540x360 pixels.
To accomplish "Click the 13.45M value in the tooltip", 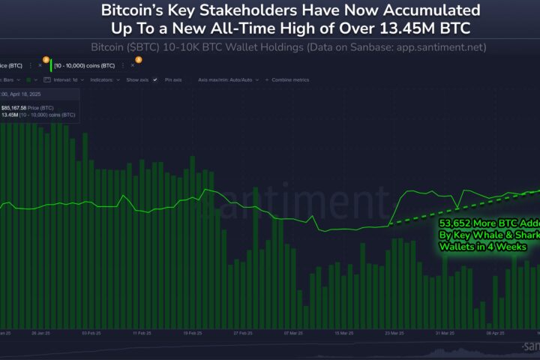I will point(11,115).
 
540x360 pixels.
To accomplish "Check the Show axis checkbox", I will point(139,79).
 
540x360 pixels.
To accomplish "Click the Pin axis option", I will point(172,79).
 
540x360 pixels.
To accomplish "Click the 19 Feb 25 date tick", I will point(193,331).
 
